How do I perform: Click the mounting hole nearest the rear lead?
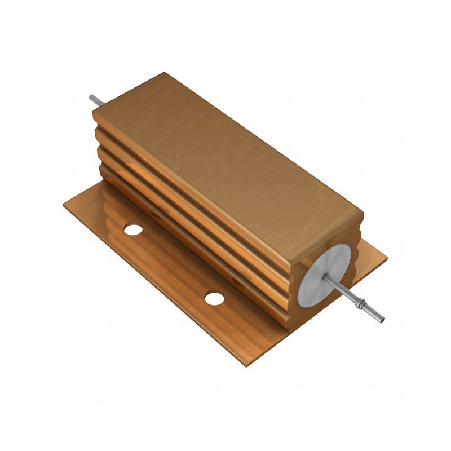click(133, 229)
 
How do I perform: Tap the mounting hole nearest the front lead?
click(214, 298)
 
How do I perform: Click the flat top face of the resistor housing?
click(225, 158)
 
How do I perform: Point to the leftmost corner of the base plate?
click(63, 203)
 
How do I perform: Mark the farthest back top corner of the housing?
click(164, 73)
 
